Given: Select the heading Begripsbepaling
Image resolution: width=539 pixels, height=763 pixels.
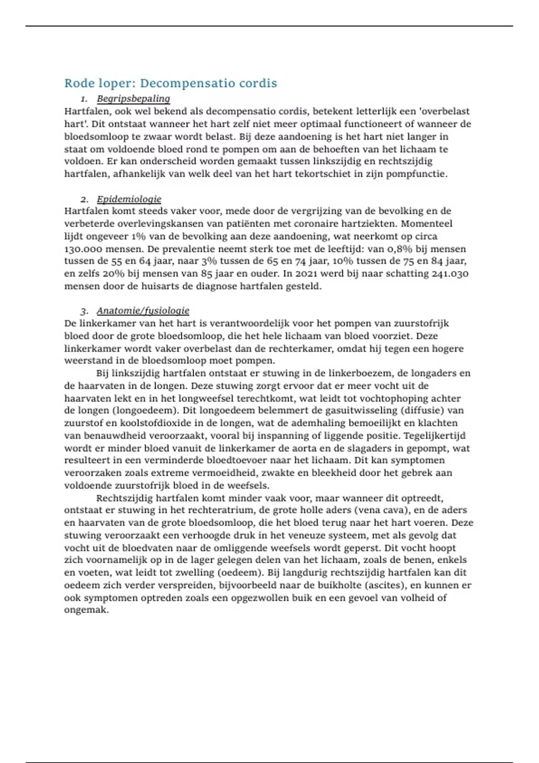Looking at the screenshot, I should pos(133,99).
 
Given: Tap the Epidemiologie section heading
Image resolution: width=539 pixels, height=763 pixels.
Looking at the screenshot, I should pos(129,199).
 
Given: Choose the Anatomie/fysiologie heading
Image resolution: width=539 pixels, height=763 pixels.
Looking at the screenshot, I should pos(143,311).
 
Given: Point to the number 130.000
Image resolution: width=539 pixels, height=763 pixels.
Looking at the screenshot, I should pos(83,249).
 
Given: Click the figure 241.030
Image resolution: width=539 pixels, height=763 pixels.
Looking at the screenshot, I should pos(450,274).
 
